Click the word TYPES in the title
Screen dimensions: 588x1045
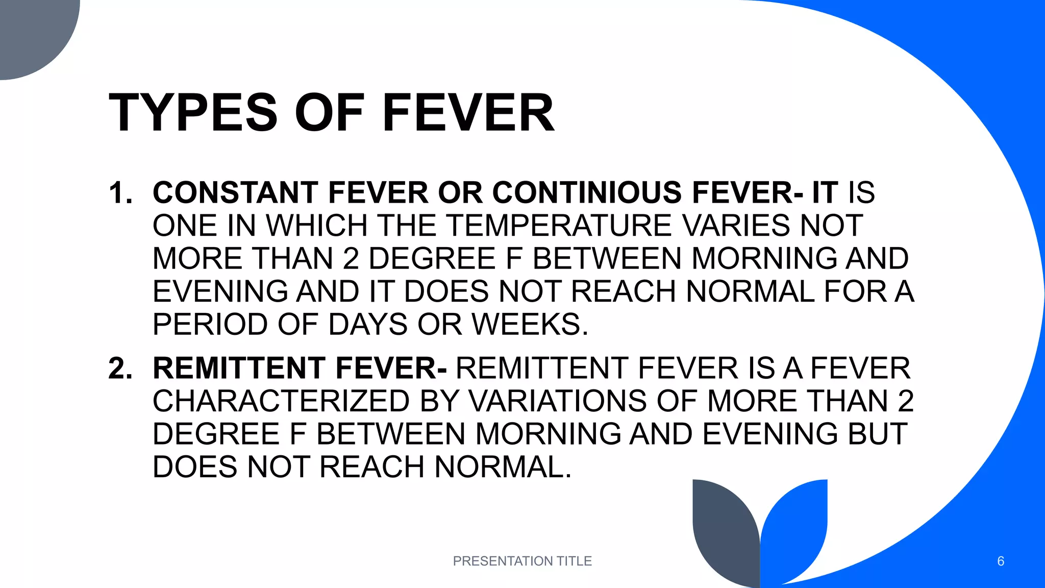click(193, 113)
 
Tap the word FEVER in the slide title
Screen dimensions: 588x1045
click(468, 113)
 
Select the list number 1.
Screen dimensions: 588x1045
click(120, 193)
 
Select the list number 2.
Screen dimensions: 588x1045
click(120, 368)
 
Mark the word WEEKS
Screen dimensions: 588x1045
click(530, 324)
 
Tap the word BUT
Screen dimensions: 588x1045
click(877, 434)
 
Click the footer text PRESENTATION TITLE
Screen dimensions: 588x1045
click(522, 561)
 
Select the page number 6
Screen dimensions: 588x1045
click(1000, 561)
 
